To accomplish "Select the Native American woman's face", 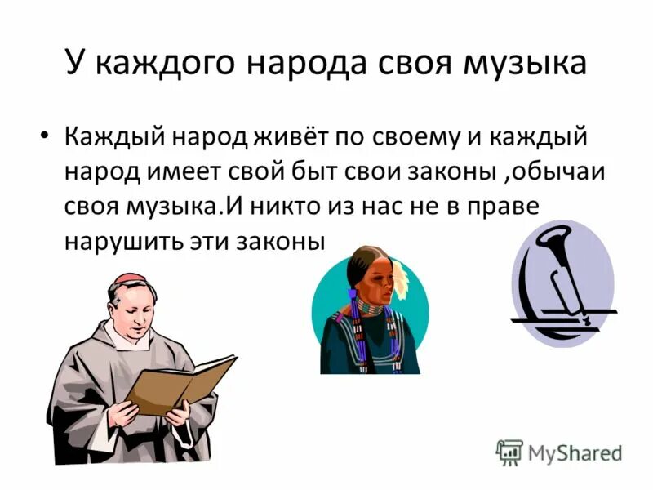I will [375, 286].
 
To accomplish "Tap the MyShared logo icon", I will [509, 452].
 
